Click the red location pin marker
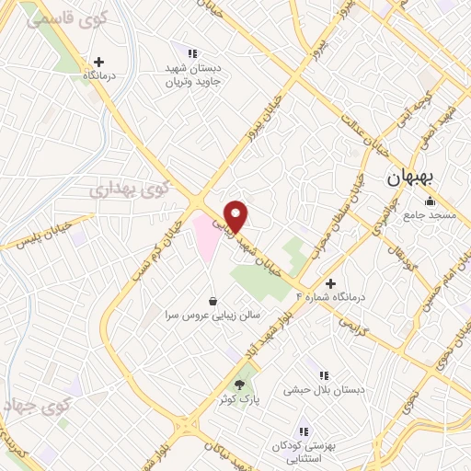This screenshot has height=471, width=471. (236, 214)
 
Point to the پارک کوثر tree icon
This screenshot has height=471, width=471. (240, 385)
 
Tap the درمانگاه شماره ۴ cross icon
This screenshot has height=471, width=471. (330, 283)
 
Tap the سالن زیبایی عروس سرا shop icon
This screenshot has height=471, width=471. (213, 300)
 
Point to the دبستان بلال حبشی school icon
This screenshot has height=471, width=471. (323, 375)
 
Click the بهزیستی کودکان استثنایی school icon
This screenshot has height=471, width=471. (304, 431)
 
